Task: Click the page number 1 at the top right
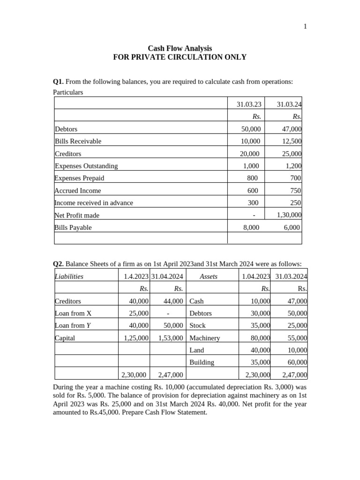coord(305,26)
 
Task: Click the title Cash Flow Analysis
coord(180,48)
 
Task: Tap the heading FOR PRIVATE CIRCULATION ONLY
coord(180,57)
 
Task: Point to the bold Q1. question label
coord(58,82)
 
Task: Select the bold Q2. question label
coord(58,264)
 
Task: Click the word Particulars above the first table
coord(68,92)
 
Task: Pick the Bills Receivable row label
coord(78,141)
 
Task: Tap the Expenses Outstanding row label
coord(86,166)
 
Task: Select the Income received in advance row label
coord(94,203)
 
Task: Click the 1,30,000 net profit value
coord(289,215)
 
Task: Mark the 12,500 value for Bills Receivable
coord(291,141)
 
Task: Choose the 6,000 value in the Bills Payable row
coord(292,227)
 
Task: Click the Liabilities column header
coord(69,277)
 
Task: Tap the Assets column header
coord(209,277)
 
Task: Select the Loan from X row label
coord(73,313)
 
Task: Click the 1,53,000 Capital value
coord(171,337)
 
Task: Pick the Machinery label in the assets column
coord(204,337)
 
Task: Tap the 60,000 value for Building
coord(297,362)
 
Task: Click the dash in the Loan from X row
coord(168,313)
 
